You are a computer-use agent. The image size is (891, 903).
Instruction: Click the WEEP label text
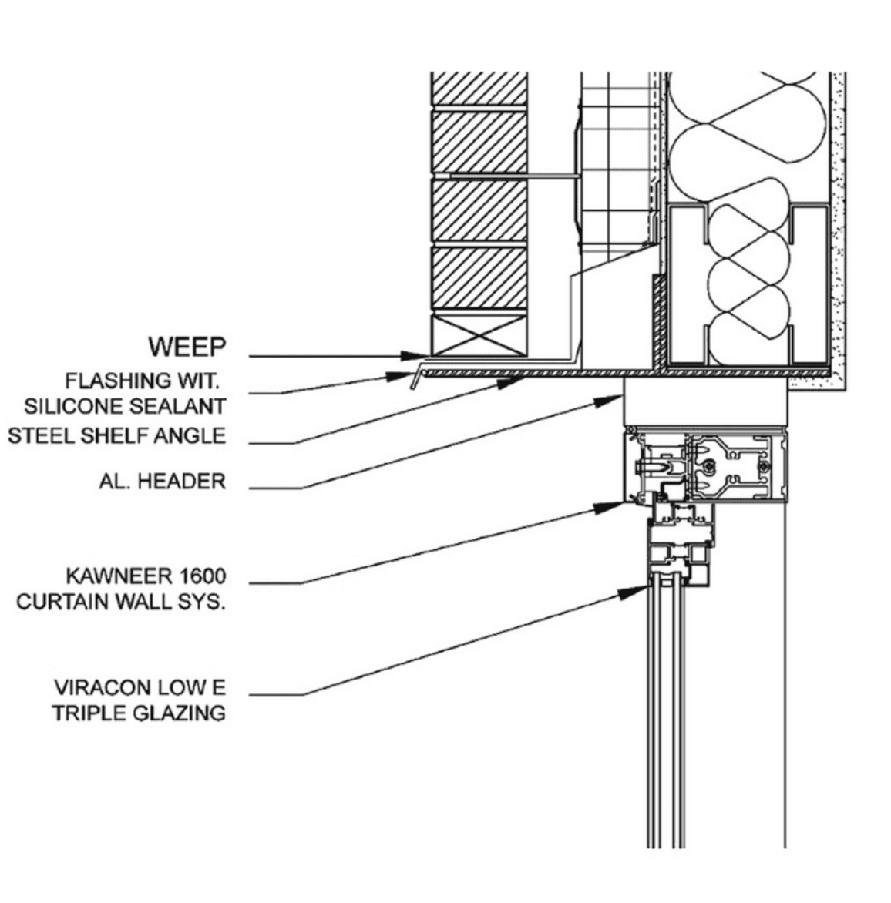(x=187, y=347)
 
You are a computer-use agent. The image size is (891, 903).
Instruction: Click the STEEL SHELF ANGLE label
(x=117, y=436)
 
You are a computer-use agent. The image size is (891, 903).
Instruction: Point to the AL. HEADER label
(x=163, y=481)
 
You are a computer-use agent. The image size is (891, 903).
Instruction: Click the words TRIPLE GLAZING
(x=139, y=713)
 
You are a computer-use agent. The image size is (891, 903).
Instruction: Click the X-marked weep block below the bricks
(x=479, y=334)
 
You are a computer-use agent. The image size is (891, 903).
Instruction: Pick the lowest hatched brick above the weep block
(x=479, y=278)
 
